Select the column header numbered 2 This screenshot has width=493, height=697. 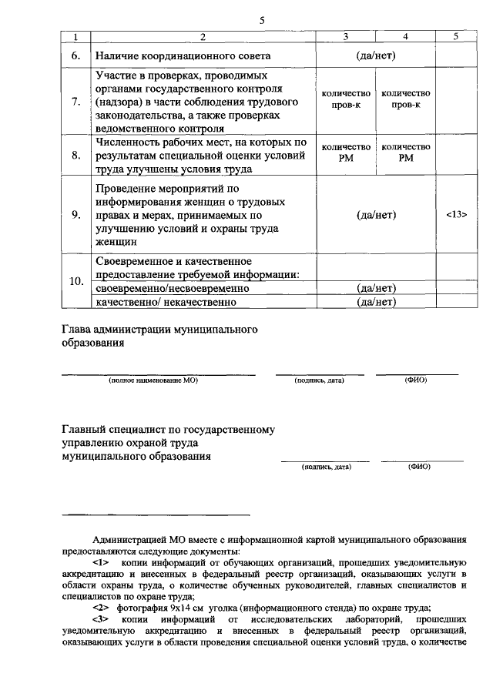(203, 37)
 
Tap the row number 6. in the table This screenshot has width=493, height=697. (75, 56)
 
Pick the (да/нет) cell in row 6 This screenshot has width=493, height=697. (376, 56)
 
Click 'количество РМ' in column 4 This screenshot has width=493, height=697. (405, 152)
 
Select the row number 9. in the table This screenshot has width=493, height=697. (75, 215)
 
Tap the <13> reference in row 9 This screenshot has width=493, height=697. (456, 215)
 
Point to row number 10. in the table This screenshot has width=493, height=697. (76, 281)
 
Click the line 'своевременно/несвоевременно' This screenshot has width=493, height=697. (173, 288)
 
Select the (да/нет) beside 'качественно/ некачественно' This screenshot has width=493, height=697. (376, 301)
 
